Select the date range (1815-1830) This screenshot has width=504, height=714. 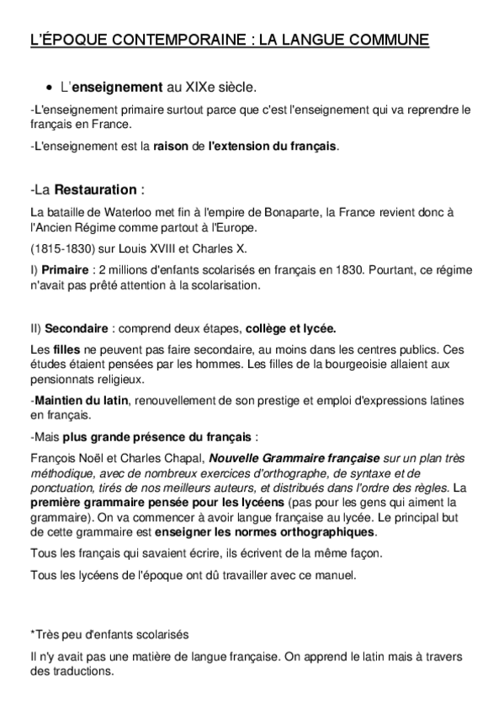click(59, 249)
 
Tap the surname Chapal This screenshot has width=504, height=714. click(179, 461)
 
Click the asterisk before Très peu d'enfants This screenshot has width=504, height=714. click(31, 633)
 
